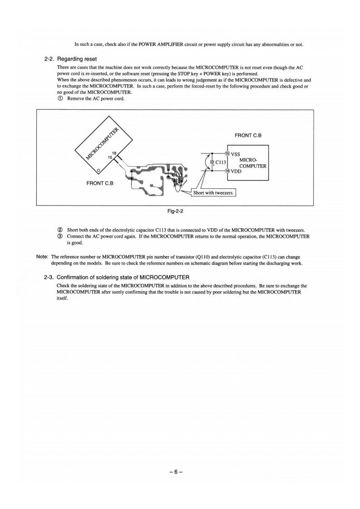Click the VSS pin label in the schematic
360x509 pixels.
(x=237, y=153)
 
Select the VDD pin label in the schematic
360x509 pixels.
(x=237, y=171)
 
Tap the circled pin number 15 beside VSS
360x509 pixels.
(x=227, y=153)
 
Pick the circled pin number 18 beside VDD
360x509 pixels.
(x=227, y=171)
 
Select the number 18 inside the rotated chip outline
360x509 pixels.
(x=115, y=153)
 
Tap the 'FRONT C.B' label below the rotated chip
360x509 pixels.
(x=99, y=183)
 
